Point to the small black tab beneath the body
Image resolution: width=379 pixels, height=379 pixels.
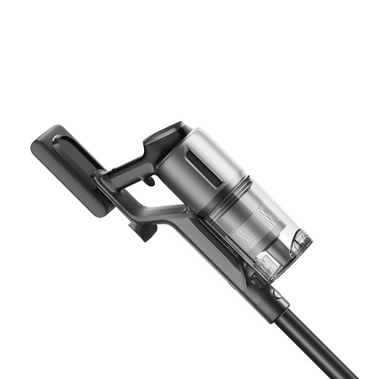[x=147, y=230]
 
